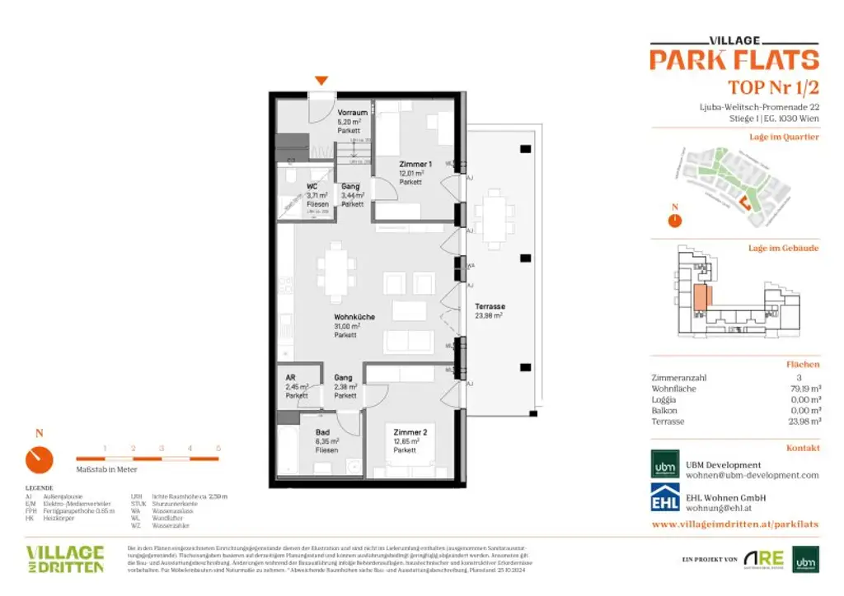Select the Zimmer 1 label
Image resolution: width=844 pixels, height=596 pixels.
click(413, 165)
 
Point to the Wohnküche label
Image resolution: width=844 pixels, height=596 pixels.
click(355, 317)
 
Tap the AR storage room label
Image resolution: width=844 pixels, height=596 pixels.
click(291, 378)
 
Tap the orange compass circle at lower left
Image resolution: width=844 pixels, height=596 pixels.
click(39, 459)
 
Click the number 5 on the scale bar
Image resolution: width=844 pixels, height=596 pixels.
click(218, 449)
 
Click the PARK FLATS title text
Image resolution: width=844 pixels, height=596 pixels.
click(734, 60)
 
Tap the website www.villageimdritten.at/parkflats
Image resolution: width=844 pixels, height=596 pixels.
click(734, 524)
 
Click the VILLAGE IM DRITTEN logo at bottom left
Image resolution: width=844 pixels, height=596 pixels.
click(65, 558)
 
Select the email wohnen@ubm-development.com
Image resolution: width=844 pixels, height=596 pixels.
click(753, 475)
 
